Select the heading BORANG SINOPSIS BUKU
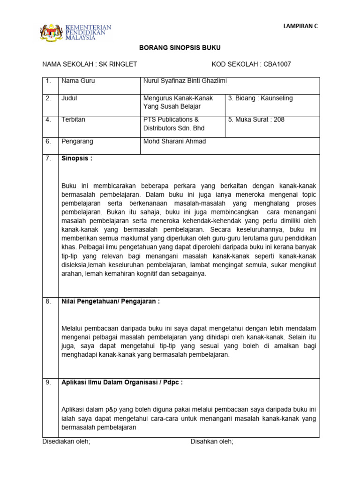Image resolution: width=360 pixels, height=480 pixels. coord(180,48)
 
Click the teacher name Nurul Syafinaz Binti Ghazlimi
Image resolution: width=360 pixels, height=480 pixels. coord(185,81)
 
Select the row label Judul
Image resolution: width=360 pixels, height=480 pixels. coord(69,98)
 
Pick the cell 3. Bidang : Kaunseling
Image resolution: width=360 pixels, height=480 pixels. coord(260,98)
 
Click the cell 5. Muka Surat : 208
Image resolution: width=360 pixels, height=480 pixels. coord(256,120)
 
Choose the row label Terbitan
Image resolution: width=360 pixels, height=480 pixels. coord(73,120)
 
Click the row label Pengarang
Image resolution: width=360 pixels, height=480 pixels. coord(77,141)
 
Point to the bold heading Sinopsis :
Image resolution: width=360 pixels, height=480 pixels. coord(77,158)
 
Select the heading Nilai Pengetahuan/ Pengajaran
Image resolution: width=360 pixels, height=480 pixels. coord(111,301)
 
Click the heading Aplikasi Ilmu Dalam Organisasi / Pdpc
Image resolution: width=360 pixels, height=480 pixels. coord(122,382)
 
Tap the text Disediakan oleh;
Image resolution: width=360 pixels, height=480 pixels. coord(66,442)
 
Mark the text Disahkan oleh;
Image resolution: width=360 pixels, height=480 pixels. coord(211,442)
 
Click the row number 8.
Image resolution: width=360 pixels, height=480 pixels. coord(48,301)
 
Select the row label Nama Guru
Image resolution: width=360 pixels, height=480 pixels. coord(78,81)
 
